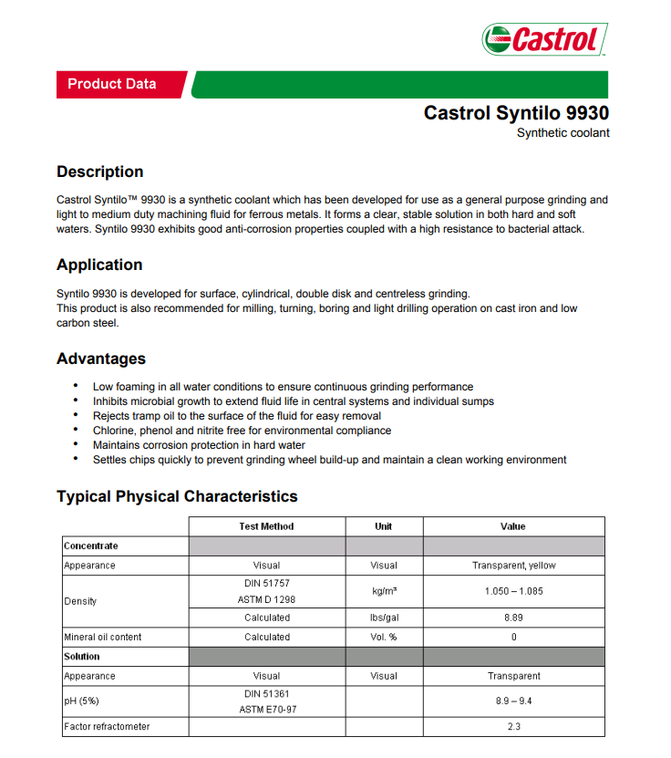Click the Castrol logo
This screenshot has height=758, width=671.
tap(544, 39)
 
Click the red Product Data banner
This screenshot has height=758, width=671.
tap(112, 84)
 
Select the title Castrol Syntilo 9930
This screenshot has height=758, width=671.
tap(516, 113)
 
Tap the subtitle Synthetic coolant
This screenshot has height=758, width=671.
tap(563, 133)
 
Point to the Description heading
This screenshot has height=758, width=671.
tap(99, 171)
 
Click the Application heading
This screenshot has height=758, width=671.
tap(99, 265)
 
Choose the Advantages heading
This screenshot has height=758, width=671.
tap(100, 358)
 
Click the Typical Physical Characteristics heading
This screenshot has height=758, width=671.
tap(177, 496)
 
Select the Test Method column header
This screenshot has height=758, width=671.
tap(266, 526)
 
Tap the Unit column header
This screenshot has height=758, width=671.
tap(384, 526)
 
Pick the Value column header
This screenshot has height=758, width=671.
tap(513, 526)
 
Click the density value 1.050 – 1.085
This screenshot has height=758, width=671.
tap(513, 591)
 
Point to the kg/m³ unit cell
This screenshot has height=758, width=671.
tap(384, 591)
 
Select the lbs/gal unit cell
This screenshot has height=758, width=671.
tap(384, 618)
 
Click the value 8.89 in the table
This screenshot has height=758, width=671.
tap(513, 618)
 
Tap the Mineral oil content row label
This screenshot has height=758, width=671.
tap(102, 637)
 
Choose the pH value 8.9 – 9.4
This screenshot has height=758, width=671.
tap(513, 701)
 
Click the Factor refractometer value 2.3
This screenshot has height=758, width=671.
tap(513, 727)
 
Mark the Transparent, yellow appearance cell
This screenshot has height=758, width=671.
tap(513, 566)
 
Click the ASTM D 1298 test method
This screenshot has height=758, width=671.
tap(267, 599)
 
